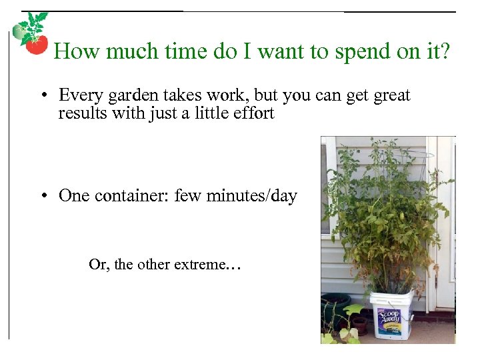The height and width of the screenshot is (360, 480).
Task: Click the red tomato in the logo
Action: coord(36,45)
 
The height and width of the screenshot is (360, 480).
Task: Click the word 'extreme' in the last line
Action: coord(200,265)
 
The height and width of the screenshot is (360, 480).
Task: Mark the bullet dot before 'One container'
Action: coord(43,197)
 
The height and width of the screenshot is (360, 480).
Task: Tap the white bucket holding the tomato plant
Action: coord(392,313)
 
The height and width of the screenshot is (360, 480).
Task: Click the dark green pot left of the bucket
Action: coord(335,307)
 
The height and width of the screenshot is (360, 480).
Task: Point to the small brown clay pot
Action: coord(359,325)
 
